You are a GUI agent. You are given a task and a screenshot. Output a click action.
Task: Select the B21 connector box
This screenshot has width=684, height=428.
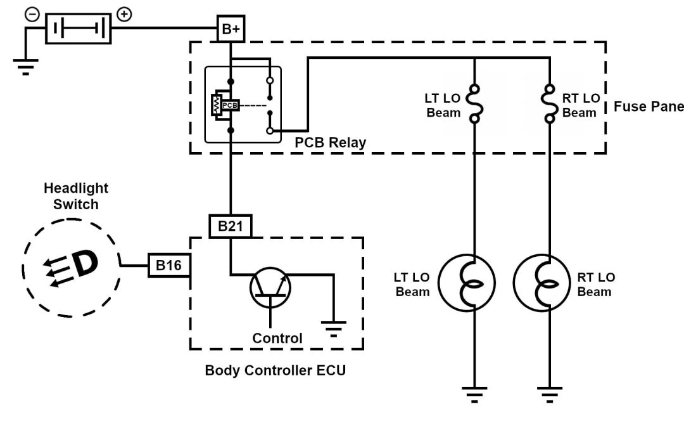tap(230, 226)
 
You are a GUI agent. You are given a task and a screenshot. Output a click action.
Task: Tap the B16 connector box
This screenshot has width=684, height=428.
tap(169, 266)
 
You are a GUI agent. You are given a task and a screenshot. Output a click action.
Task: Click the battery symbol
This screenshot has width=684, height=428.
tap(79, 29)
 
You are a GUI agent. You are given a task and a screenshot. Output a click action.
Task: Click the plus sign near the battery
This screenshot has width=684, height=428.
tap(125, 14)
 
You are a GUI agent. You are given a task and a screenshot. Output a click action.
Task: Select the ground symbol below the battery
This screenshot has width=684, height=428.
tap(25, 66)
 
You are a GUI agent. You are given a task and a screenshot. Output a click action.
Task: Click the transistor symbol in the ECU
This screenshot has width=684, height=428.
tap(271, 285)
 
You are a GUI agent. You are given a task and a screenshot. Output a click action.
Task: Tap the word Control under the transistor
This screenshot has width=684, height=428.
tap(277, 338)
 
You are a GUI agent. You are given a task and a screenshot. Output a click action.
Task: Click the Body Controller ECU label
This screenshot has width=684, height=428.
tap(275, 370)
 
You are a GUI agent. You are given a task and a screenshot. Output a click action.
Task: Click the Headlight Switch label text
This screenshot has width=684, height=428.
tap(76, 196)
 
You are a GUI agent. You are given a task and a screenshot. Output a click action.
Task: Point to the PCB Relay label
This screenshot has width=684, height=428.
tap(331, 142)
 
